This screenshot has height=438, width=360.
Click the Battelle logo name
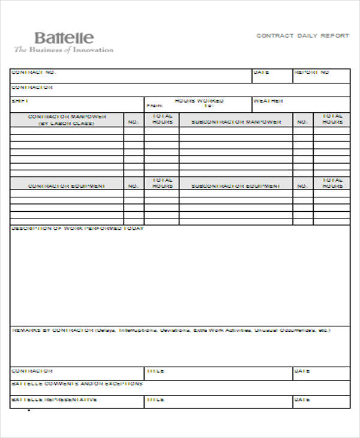(64, 38)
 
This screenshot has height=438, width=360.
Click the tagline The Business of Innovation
(64, 50)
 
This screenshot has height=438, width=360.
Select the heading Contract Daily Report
(302, 36)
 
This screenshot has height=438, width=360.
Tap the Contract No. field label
(34, 73)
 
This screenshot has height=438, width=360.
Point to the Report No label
(311, 73)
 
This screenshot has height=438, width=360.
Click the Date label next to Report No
(261, 73)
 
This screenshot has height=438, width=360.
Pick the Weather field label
(268, 101)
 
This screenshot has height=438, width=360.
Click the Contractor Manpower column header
(67, 119)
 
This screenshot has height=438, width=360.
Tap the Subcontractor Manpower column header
(236, 122)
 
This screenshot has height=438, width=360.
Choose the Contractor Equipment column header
(67, 186)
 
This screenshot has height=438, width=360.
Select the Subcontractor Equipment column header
(236, 186)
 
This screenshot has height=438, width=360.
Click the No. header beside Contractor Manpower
(133, 122)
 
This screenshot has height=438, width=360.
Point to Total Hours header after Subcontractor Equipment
(332, 183)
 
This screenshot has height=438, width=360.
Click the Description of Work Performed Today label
(77, 229)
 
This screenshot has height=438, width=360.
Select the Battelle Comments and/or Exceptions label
(77, 383)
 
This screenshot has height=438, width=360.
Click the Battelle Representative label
(54, 399)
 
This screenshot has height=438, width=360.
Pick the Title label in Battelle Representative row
(156, 399)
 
